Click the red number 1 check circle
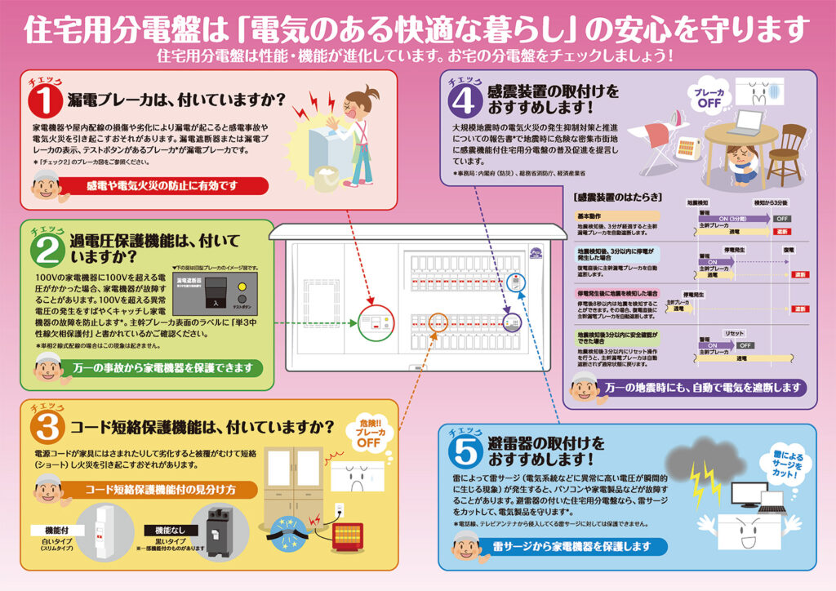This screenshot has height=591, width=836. tap(45, 102)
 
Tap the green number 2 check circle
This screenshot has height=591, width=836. tap(46, 251)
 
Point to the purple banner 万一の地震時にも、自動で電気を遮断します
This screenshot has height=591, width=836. tap(701, 386)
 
